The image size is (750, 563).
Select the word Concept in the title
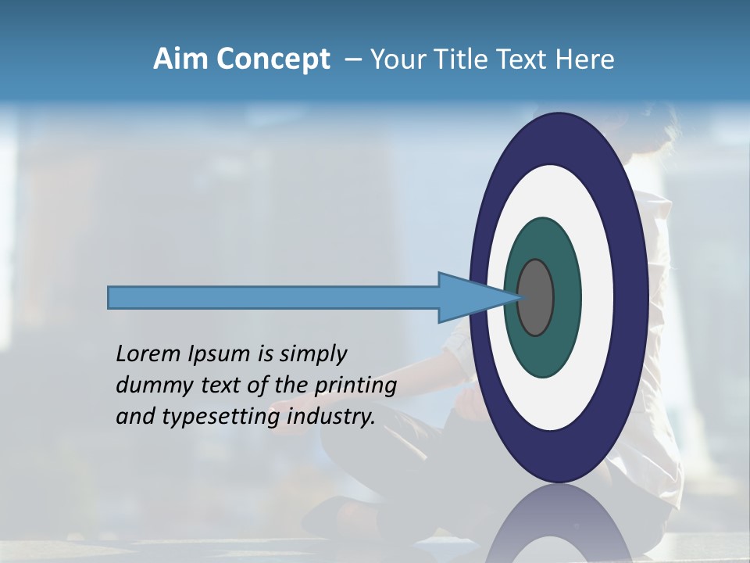pyautogui.click(x=273, y=59)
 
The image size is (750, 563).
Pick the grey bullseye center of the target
pyautogui.click(x=536, y=298)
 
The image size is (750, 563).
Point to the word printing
pyautogui.click(x=355, y=385)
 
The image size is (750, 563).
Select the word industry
pyautogui.click(x=331, y=417)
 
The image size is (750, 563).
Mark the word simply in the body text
pyautogui.click(x=313, y=355)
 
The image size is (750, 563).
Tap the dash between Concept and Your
pyautogui.click(x=352, y=60)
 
